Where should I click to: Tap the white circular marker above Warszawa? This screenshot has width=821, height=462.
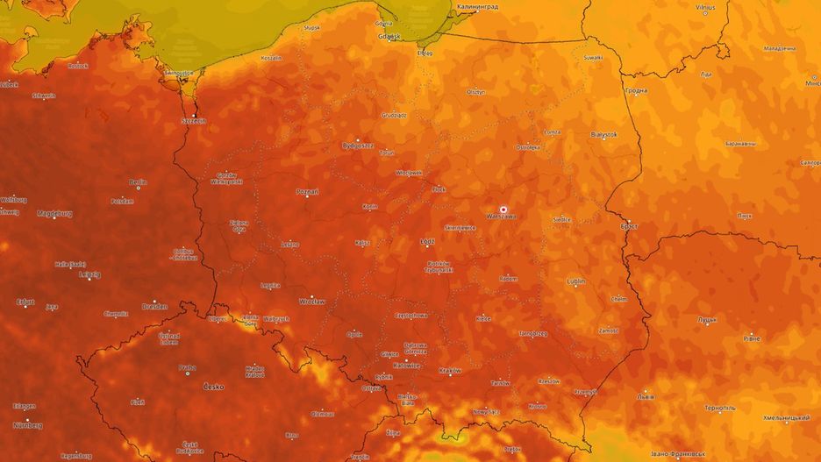click(x=503, y=210)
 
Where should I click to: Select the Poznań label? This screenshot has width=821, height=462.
click(x=307, y=190)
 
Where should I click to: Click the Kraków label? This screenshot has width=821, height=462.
click(x=449, y=370)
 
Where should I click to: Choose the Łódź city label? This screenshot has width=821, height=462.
click(x=427, y=240)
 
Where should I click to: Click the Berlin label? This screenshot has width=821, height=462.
click(x=138, y=182)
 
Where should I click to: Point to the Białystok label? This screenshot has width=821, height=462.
click(x=603, y=135)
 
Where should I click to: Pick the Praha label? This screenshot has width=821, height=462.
click(x=187, y=367)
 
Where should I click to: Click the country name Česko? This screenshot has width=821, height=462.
click(x=212, y=387)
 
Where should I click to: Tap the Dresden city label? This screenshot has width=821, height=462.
click(x=154, y=307)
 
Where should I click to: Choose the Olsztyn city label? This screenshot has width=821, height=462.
click(x=475, y=91)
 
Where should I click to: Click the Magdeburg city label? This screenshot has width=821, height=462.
click(x=54, y=213)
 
